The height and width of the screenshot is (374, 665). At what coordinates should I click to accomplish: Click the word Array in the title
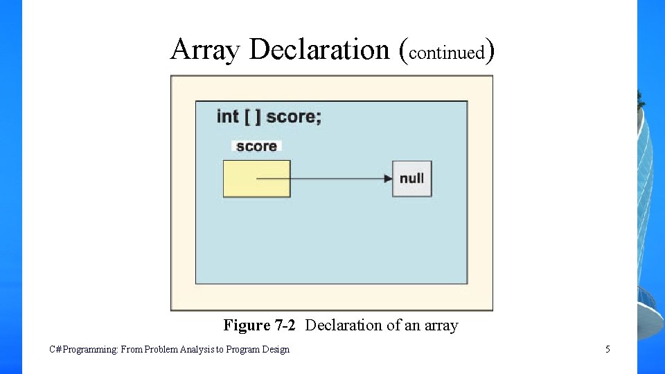tap(206, 50)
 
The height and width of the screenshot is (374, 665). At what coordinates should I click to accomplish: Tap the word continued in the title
tap(446, 53)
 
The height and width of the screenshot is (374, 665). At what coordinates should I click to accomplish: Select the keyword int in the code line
tap(228, 116)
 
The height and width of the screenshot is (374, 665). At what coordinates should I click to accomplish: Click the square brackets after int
tap(253, 116)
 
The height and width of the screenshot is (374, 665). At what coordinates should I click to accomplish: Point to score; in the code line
tap(294, 116)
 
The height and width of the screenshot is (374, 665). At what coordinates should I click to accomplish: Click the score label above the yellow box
tap(256, 146)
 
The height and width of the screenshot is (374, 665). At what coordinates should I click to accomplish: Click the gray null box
tap(411, 179)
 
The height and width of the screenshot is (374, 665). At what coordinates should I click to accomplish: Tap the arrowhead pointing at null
tap(389, 179)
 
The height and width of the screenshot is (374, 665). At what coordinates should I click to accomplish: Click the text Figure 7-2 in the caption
tap(260, 325)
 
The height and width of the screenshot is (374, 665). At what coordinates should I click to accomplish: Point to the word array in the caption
tap(441, 325)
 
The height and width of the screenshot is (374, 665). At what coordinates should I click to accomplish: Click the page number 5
tap(608, 349)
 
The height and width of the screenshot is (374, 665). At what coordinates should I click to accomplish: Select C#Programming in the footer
tap(84, 349)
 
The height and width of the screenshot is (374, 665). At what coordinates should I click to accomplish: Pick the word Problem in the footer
tap(161, 349)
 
